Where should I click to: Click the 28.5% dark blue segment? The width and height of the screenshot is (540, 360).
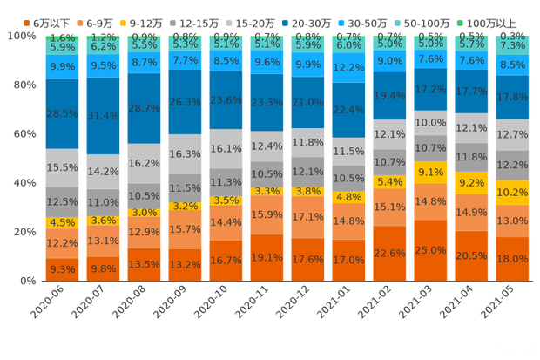coord(62,114)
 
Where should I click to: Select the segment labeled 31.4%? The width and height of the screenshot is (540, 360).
coord(104,116)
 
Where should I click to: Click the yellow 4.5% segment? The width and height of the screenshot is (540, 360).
coord(62,222)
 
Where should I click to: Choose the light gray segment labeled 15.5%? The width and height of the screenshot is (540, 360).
coord(62,166)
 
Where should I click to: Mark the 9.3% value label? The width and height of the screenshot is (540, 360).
coord(62,269)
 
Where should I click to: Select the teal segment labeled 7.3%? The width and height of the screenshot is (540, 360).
coord(512,44)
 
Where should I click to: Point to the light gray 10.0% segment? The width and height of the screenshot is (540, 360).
coord(431,123)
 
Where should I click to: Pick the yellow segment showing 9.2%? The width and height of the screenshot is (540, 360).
coord(471,184)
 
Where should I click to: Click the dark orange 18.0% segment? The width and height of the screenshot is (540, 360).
coord(512,259)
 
